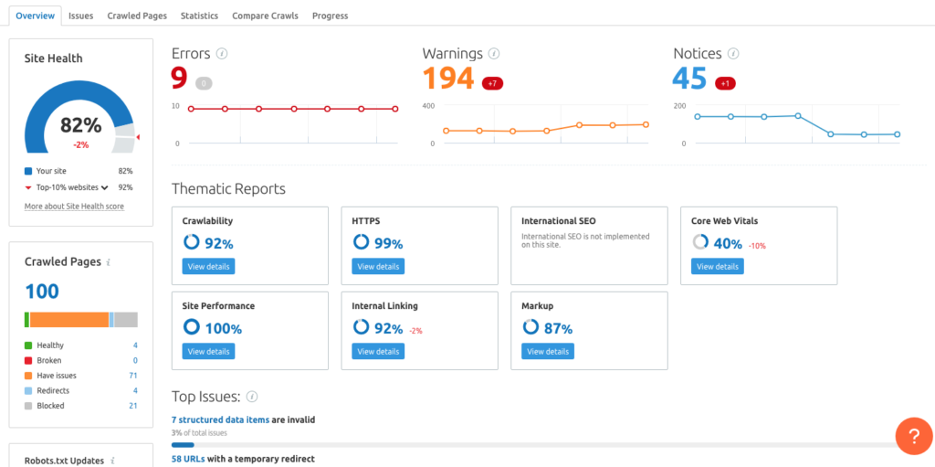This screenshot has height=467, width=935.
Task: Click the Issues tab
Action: click(80, 16)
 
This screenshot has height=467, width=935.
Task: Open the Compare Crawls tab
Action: click(265, 16)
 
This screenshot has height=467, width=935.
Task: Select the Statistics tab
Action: click(199, 16)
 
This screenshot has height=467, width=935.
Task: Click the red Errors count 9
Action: click(180, 80)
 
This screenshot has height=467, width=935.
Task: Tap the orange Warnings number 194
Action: click(448, 80)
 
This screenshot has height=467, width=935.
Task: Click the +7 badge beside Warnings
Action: click(492, 83)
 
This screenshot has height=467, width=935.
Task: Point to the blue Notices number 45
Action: click(689, 80)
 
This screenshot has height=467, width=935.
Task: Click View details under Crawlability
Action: click(208, 267)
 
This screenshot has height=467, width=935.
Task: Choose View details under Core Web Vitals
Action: click(717, 267)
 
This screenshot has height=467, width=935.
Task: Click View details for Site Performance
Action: click(208, 351)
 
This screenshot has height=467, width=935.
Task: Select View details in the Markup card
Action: click(548, 351)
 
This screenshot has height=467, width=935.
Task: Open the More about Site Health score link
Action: click(74, 207)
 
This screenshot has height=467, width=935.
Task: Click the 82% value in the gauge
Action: click(80, 126)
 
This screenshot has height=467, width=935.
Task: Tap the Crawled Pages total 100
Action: click(42, 292)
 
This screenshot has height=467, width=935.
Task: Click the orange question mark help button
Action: click(913, 435)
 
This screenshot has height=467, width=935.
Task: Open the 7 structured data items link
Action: click(220, 419)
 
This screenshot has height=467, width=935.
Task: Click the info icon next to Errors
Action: click(222, 54)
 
